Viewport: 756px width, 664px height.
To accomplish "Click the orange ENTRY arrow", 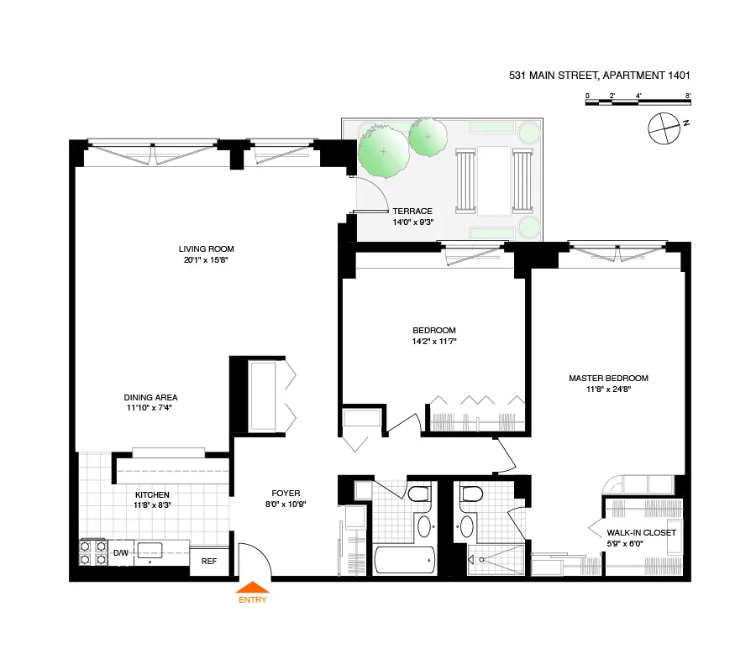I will pos(252,590).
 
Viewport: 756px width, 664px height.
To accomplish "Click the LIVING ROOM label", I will pos(206,248).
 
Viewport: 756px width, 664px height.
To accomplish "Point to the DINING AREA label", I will pos(150,397).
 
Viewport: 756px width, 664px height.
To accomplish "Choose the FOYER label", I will pos(286,493).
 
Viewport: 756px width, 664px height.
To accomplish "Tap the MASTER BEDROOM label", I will pos(608,378).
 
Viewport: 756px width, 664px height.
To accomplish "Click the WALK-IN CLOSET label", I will pos(641,532).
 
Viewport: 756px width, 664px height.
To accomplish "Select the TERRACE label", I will pos(411,212).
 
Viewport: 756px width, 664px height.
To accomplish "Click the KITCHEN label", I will pos(151,494).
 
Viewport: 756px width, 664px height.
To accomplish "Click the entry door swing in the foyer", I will pos(254,559).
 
